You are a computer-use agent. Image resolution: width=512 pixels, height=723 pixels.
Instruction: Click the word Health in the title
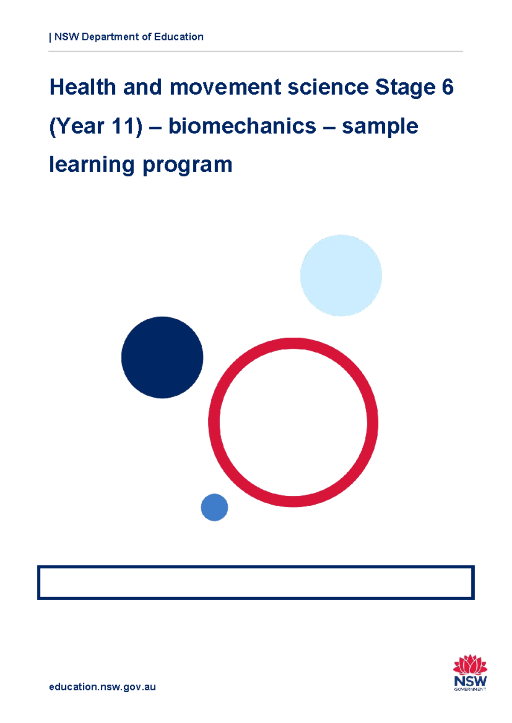click(x=83, y=87)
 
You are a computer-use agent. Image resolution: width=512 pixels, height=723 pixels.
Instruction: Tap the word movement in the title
click(x=225, y=87)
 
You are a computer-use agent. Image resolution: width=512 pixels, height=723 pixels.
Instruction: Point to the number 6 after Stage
click(x=448, y=87)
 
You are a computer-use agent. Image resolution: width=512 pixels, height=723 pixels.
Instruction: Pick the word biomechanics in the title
click(x=242, y=126)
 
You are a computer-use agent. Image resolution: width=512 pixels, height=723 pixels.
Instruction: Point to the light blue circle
click(x=341, y=275)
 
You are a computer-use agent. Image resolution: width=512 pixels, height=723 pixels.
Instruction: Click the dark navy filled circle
click(x=162, y=357)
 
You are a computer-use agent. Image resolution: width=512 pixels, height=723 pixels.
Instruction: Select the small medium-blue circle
click(x=214, y=507)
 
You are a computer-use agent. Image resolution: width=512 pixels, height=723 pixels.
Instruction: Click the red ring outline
click(x=214, y=422)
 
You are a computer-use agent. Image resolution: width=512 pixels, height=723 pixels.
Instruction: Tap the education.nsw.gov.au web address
click(x=102, y=687)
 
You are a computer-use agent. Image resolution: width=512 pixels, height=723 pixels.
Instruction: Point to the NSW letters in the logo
click(x=470, y=680)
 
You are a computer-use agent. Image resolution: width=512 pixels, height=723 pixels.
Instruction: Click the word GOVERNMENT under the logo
click(x=470, y=689)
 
